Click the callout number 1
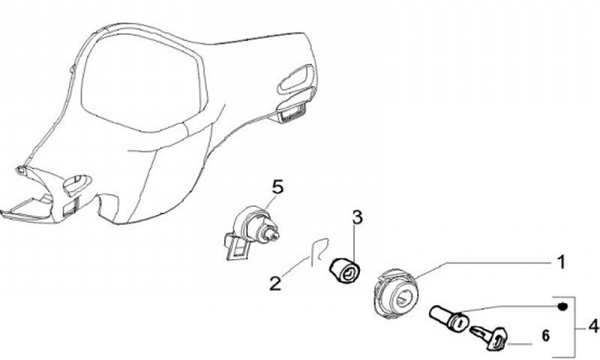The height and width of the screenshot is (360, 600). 562,262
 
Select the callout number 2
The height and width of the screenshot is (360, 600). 274,282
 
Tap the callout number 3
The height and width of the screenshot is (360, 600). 357,219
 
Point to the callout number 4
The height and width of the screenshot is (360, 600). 592,324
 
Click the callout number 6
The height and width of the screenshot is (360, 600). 547,337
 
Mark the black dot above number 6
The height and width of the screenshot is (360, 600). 563,307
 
